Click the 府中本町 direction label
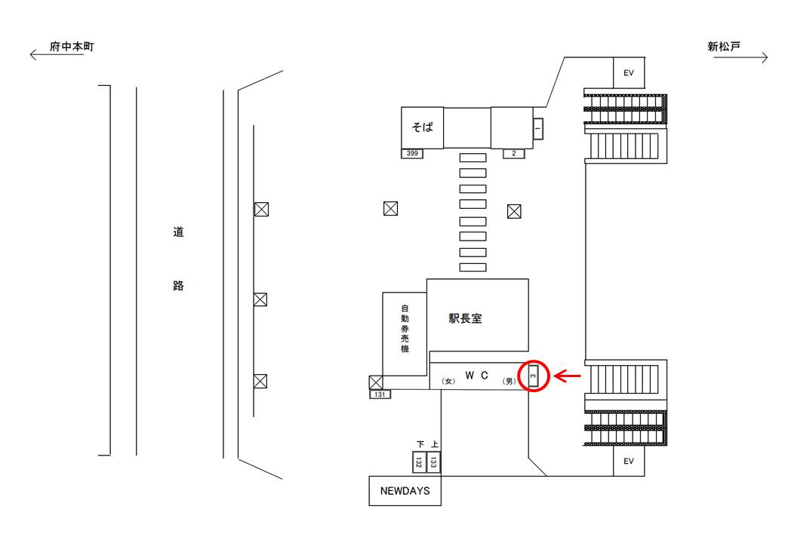pos(72,47)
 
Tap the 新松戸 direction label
pos(723,47)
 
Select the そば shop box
pos(422,127)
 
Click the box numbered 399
pos(412,154)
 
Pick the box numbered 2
pos(514,154)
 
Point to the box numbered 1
pos(537,129)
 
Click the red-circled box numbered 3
pos(533,376)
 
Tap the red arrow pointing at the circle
pos(568,376)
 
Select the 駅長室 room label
pos(465,318)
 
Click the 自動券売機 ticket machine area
pos(405,334)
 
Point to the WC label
pos(476,375)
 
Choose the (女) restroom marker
pos(448,381)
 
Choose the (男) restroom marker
pos(509,381)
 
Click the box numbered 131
pos(380,394)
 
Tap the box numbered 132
pos(418,462)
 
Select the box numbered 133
pos(433,462)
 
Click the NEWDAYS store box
pos(405,491)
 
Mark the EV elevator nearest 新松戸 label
pos(629,73)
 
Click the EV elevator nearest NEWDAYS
pos(629,461)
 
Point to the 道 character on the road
pos(178,232)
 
